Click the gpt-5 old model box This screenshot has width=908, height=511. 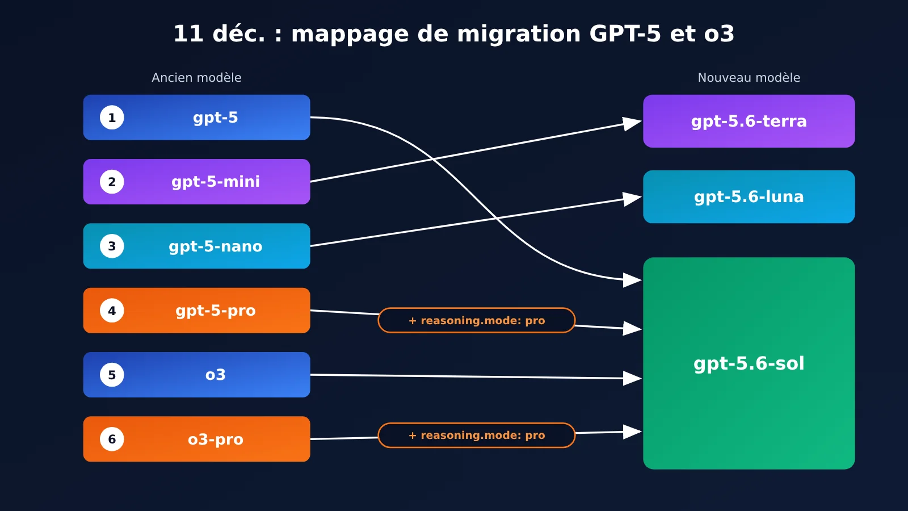(x=196, y=118)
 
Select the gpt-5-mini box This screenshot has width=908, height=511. (x=196, y=182)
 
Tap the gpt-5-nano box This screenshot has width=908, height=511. (x=196, y=246)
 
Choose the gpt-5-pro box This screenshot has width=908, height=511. (x=196, y=311)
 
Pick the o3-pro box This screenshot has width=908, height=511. (x=196, y=439)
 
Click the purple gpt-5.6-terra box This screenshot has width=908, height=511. (x=749, y=122)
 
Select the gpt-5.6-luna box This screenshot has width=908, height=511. (x=749, y=196)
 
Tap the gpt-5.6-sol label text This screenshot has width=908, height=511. (x=749, y=364)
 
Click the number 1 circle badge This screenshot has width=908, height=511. (x=112, y=118)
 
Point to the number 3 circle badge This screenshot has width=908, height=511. (x=112, y=246)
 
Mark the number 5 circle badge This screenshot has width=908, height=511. (x=112, y=375)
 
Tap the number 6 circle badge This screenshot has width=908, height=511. (x=112, y=439)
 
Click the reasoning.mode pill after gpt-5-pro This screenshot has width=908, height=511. (x=477, y=320)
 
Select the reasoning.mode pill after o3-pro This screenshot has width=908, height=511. (x=477, y=435)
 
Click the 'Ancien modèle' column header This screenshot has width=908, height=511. (x=196, y=77)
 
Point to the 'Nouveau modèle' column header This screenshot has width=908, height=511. (x=749, y=77)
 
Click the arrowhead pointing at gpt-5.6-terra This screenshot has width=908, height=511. (x=632, y=123)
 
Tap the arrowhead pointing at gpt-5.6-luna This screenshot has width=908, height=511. (x=632, y=199)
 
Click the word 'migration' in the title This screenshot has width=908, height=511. (x=519, y=34)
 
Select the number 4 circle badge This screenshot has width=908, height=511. (x=112, y=311)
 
